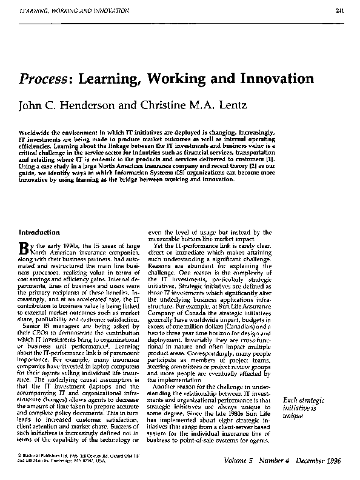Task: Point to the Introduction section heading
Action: tap(39, 232)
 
